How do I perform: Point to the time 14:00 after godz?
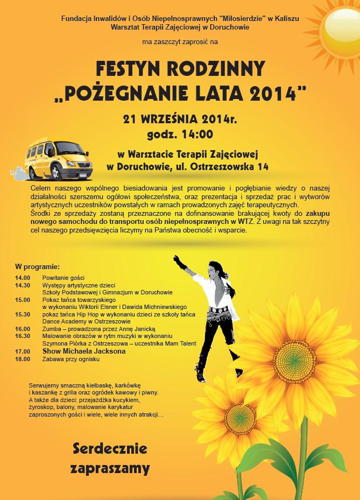(x=197, y=134)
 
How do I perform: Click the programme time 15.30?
(x=23, y=314)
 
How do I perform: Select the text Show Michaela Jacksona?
(x=84, y=351)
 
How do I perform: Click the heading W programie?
(x=37, y=266)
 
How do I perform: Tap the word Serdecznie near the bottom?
(x=110, y=448)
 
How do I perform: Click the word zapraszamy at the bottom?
(x=110, y=468)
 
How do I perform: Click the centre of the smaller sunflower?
(x=241, y=416)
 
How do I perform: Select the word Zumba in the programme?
(x=52, y=329)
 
